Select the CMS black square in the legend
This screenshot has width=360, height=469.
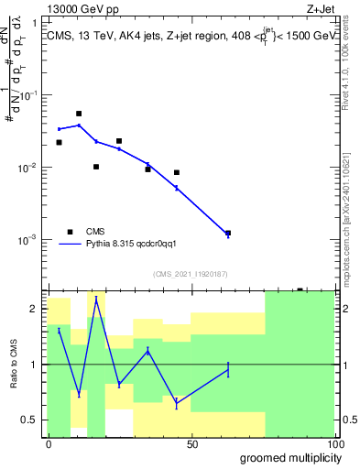tap(69, 232)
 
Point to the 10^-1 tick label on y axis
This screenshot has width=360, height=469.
tap(30, 95)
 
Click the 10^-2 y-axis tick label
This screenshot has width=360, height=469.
tap(30, 168)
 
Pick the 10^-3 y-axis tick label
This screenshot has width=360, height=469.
tap(30, 240)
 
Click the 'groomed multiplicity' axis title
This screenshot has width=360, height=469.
tap(289, 457)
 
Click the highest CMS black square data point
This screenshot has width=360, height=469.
tap(79, 114)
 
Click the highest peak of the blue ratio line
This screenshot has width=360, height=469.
tap(96, 298)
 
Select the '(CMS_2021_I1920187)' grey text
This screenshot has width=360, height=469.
tap(191, 272)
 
